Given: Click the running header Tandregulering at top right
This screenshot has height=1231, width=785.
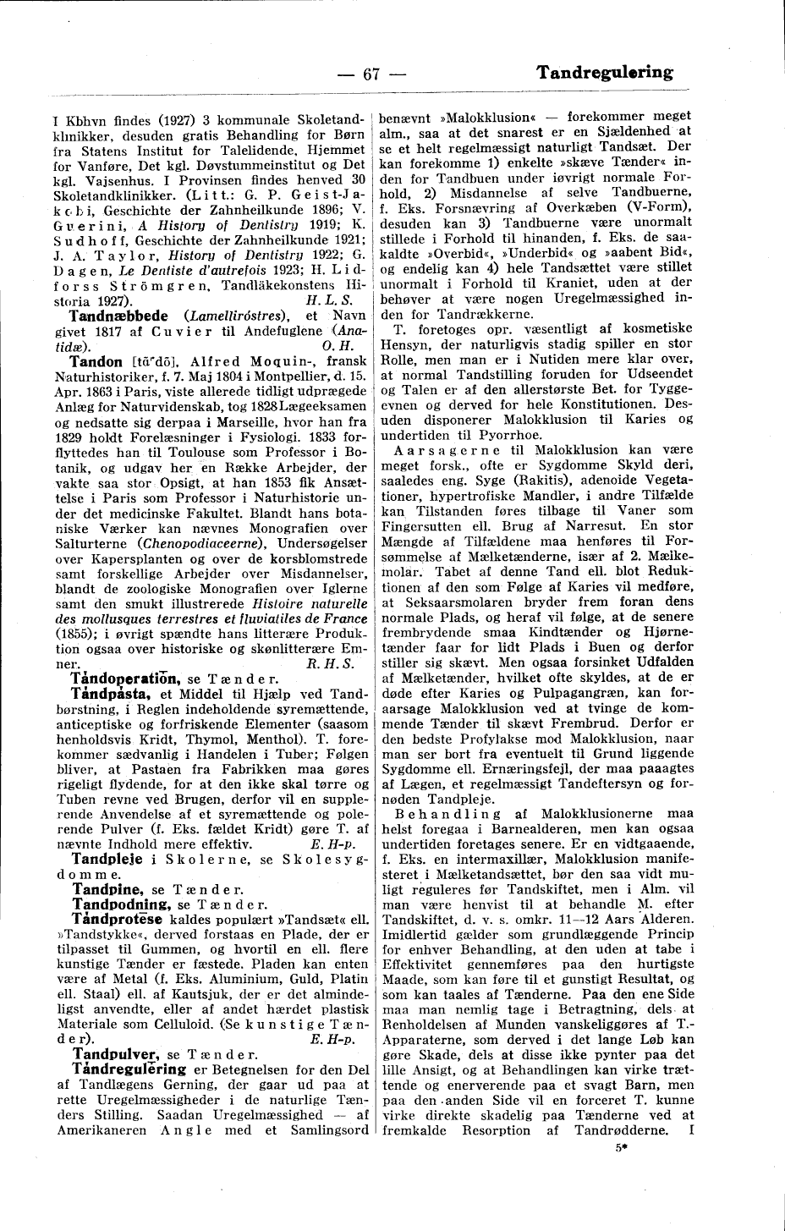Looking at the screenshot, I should pyautogui.click(x=604, y=73).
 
